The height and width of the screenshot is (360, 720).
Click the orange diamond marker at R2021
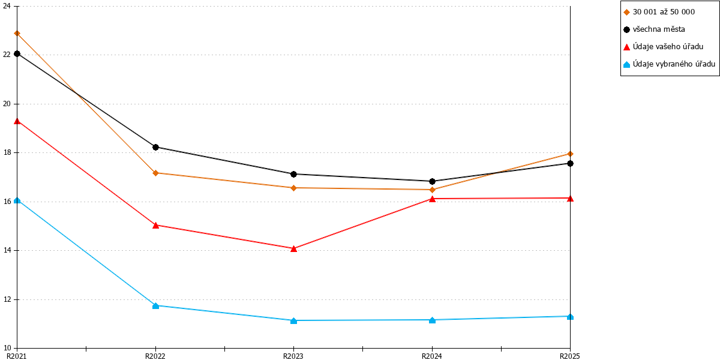click(x=17, y=34)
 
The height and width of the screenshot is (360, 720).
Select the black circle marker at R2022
click(x=155, y=147)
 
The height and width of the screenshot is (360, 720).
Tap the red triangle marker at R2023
click(x=293, y=248)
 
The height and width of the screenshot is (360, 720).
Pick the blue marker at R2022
click(x=155, y=305)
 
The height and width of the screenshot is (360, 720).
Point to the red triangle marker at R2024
click(x=433, y=199)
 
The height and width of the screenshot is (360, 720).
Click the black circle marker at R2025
click(x=570, y=164)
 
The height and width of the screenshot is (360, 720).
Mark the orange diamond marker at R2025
click(x=570, y=154)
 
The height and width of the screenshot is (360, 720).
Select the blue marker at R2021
click(x=17, y=200)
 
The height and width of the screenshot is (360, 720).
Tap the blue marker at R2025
click(x=570, y=317)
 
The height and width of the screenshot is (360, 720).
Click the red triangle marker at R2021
click(x=17, y=121)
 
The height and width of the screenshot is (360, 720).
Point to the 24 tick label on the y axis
click(x=7, y=6)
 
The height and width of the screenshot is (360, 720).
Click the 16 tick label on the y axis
click(x=7, y=202)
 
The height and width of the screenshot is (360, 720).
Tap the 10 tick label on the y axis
click(x=7, y=348)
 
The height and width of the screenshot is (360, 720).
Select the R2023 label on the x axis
click(x=293, y=356)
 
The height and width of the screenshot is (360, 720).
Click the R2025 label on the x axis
click(x=570, y=356)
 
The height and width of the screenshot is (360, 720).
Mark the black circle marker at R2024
click(x=433, y=182)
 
